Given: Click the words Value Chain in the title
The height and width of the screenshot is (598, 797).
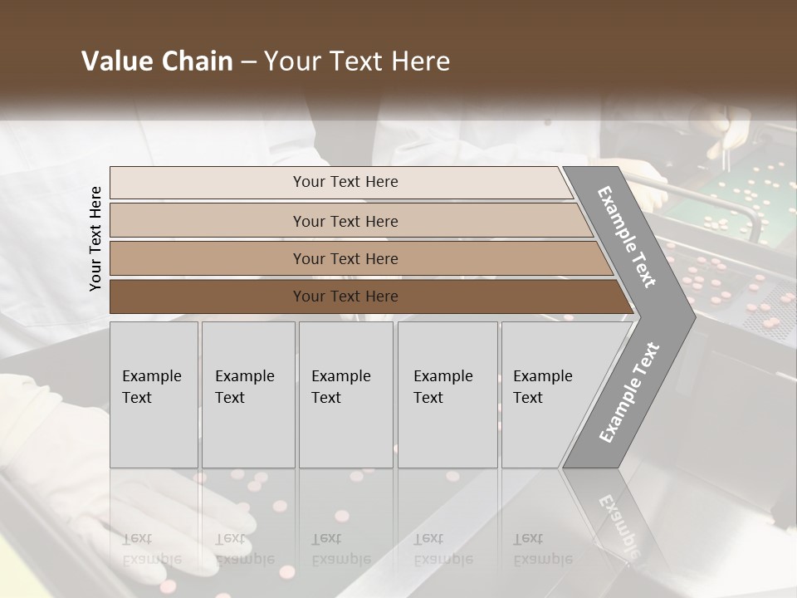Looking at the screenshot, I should (x=157, y=61).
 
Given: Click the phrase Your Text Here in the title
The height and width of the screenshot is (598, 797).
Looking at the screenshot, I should (x=357, y=61).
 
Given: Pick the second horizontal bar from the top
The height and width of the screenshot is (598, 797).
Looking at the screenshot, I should (x=345, y=221).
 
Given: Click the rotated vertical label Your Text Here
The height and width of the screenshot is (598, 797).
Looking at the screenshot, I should (x=95, y=238).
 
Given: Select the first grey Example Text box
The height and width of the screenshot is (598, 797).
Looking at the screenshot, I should (x=154, y=394).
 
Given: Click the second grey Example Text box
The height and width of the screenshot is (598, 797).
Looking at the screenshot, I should (x=247, y=394).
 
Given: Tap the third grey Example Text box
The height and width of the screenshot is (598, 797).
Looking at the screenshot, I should (x=345, y=394).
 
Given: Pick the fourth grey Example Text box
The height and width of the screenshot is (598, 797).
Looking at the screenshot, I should (x=447, y=394).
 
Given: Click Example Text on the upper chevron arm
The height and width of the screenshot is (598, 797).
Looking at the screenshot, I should (x=627, y=237).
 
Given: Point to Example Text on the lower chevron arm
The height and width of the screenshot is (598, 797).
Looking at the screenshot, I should (x=628, y=393).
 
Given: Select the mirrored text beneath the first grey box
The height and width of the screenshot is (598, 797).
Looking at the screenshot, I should (x=151, y=548).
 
